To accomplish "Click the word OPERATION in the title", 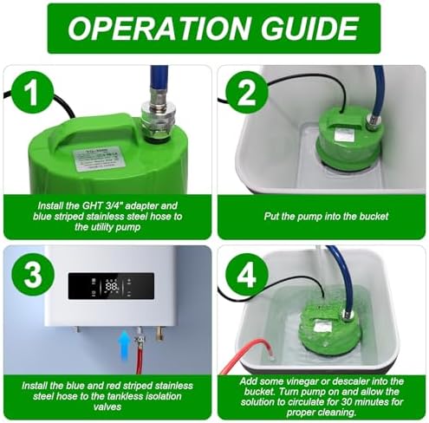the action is click(x=159, y=28).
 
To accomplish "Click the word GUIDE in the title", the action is click(x=309, y=28).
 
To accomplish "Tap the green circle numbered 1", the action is click(x=33, y=93).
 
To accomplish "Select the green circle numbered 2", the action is click(x=247, y=93).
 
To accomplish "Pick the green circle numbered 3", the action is click(x=33, y=274).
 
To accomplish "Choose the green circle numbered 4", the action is click(x=247, y=274).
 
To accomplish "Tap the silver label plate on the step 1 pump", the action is click(x=99, y=159).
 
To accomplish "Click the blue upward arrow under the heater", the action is click(x=125, y=346).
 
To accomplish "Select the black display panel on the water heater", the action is click(x=111, y=286).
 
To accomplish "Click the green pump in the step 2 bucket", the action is click(x=350, y=139).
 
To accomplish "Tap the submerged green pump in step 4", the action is click(x=329, y=327).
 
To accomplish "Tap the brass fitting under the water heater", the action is click(x=159, y=333).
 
